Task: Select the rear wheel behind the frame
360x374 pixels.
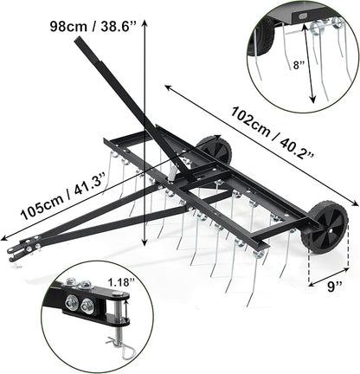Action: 215,153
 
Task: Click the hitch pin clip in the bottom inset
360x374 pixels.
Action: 120,347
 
